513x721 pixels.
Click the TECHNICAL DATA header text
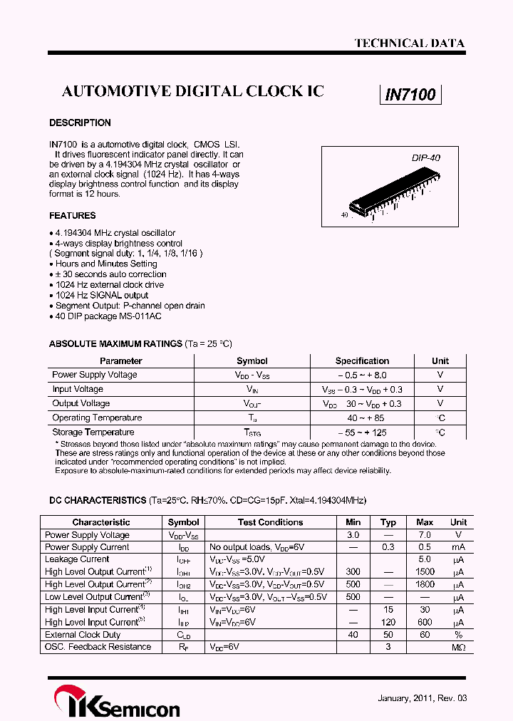pyautogui.click(x=409, y=43)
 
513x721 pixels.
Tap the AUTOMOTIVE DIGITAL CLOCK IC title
pyautogui.click(x=193, y=91)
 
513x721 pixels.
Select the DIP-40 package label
pyautogui.click(x=425, y=157)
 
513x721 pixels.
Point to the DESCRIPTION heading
pyautogui.click(x=80, y=123)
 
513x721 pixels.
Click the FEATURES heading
pyautogui.click(x=72, y=215)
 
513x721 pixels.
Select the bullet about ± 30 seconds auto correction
pyautogui.click(x=108, y=274)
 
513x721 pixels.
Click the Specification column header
pyautogui.click(x=362, y=360)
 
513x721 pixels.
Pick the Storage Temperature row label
pyautogui.click(x=93, y=432)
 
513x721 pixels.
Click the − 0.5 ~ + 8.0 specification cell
pyautogui.click(x=362, y=375)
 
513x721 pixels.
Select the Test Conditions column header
pyautogui.click(x=270, y=522)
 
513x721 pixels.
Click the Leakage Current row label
pyautogui.click(x=77, y=559)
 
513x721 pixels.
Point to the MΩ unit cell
pyautogui.click(x=458, y=647)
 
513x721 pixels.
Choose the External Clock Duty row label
pyautogui.click(x=83, y=635)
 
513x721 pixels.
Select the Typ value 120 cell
pyautogui.click(x=388, y=622)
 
